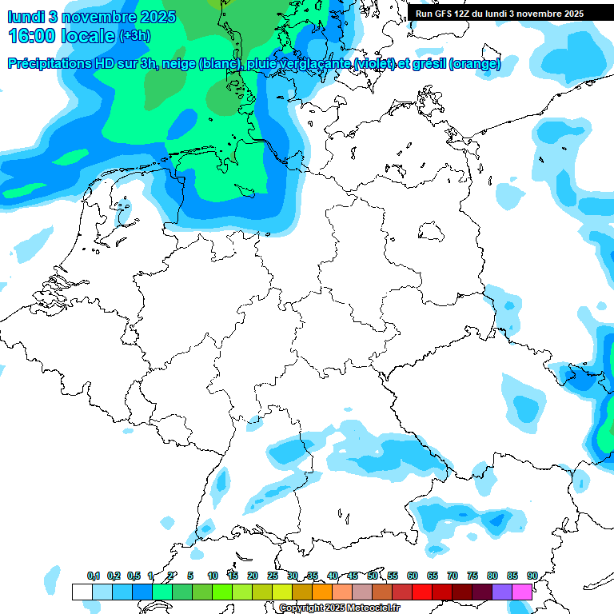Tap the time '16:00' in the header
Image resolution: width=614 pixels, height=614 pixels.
point(34,36)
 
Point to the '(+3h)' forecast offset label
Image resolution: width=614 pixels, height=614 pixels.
point(135,37)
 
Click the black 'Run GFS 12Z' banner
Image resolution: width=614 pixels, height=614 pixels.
point(500,14)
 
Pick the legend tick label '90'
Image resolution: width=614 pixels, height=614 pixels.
point(532,576)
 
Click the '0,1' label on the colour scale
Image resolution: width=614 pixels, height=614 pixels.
point(94,576)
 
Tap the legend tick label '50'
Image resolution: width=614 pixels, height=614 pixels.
point(373,576)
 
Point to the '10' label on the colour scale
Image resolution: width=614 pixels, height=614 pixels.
point(213,576)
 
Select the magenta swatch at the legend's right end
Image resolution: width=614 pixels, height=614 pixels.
point(521,592)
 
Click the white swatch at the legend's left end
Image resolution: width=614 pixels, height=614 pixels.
point(82,592)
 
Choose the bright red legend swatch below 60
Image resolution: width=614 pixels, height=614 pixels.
point(421,592)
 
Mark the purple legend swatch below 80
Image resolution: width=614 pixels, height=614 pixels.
point(501,592)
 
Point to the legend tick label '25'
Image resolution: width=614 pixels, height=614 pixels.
point(273,576)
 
